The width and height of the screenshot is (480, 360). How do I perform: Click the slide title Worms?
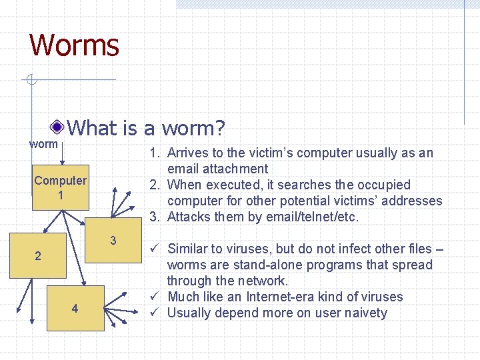point(74,45)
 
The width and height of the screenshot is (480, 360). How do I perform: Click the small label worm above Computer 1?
point(44,143)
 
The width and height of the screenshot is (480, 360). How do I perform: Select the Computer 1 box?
point(60,187)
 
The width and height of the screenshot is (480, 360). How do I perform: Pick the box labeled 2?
point(38,256)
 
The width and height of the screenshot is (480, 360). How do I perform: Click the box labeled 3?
point(113,241)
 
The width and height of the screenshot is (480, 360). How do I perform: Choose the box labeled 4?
point(75,309)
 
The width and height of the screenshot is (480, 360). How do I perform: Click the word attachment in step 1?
point(235,169)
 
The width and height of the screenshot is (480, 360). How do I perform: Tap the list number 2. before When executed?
point(155,185)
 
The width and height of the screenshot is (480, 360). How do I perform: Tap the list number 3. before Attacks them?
point(155,217)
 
